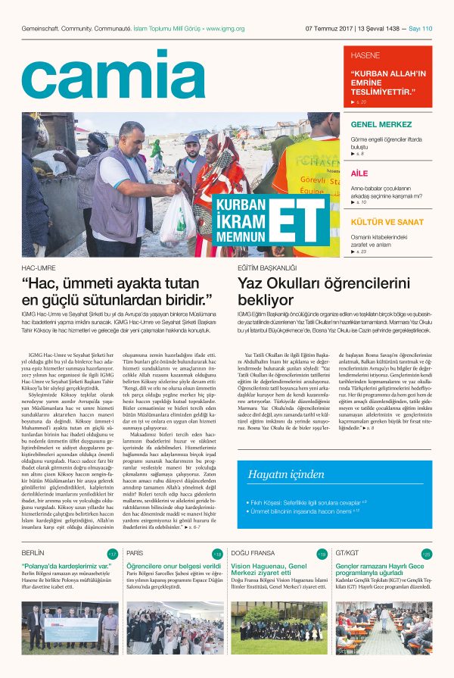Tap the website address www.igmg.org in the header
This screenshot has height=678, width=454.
point(224,29)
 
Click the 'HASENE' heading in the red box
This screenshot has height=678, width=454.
point(365,56)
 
